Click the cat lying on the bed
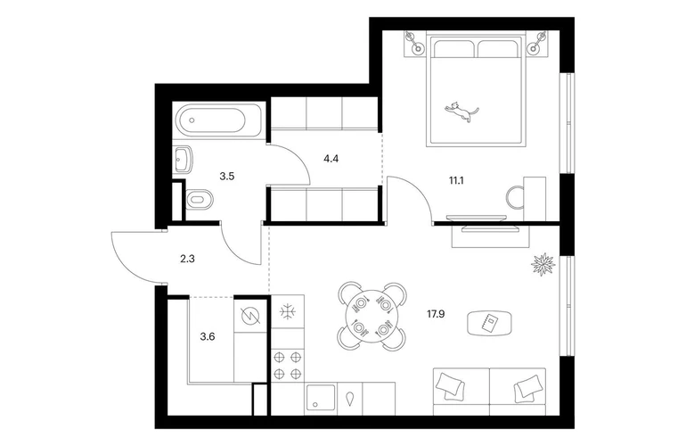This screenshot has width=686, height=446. pos(461,111)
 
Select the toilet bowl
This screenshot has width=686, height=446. pos(200,200)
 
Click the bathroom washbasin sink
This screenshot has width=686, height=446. pos(184,160)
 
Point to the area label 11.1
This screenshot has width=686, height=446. pos(456,180)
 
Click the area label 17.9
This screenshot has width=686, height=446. pos(436,314)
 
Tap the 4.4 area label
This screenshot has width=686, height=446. pos(331,159)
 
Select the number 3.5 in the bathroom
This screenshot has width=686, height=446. pos(227,177)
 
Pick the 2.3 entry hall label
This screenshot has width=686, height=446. pos(187,259)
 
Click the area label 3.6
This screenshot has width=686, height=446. pos(208,337)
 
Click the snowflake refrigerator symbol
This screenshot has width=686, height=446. pos(288,312)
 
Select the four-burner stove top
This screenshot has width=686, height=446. pos(288,366)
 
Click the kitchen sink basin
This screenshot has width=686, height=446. pos(322,397)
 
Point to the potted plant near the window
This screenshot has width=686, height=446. pos(543,264)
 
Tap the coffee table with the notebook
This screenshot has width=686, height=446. pos(490,323)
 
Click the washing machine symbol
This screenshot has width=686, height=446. pos(250,315)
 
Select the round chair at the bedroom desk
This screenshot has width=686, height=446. pos(515,197)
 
